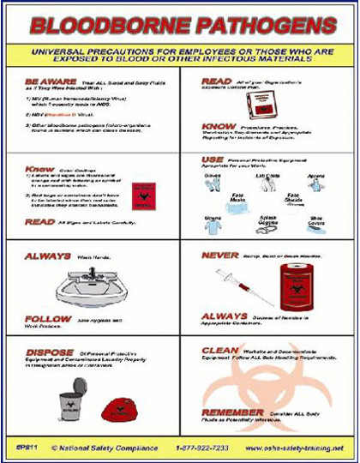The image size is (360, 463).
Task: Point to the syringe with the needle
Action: pyautogui.click(x=243, y=283)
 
